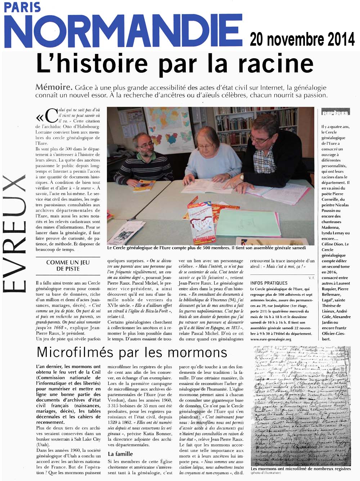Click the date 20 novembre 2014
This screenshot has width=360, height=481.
click(x=302, y=39)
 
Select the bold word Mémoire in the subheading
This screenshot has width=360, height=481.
click(x=53, y=88)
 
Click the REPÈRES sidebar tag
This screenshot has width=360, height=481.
click(x=336, y=113)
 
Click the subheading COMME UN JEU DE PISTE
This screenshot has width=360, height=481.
click(x=68, y=266)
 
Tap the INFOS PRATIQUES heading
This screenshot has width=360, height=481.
click(x=269, y=283)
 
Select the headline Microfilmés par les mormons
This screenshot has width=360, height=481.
click(x=132, y=352)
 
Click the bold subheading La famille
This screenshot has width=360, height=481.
click(x=120, y=454)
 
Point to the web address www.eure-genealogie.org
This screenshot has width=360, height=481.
click(x=271, y=339)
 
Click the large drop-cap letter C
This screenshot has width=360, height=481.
click(x=51, y=116)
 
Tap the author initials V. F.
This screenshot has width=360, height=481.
click(x=311, y=278)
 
